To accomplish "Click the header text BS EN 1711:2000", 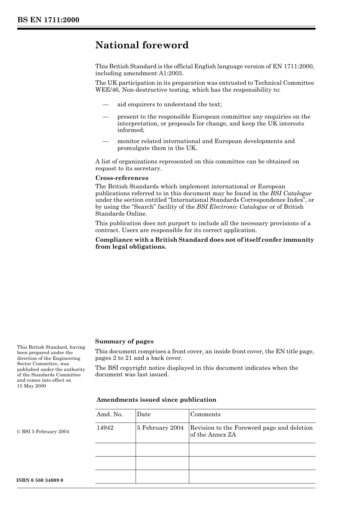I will [48, 20].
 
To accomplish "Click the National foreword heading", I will [142, 45].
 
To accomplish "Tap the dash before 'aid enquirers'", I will [105, 104].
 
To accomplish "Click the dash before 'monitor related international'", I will [105, 141].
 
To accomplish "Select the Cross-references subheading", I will [121, 178].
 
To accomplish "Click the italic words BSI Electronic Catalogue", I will [232, 207].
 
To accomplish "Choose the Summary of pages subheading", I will [124, 341].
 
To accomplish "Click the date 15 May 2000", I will [31, 386].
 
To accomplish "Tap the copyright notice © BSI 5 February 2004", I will [43, 432].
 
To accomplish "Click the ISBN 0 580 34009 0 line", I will [40, 480].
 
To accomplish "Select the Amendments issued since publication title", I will [156, 400].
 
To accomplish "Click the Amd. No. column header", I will [110, 414].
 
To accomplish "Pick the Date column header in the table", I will [144, 414].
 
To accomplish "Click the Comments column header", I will [205, 414].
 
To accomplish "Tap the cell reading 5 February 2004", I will [160, 428].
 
